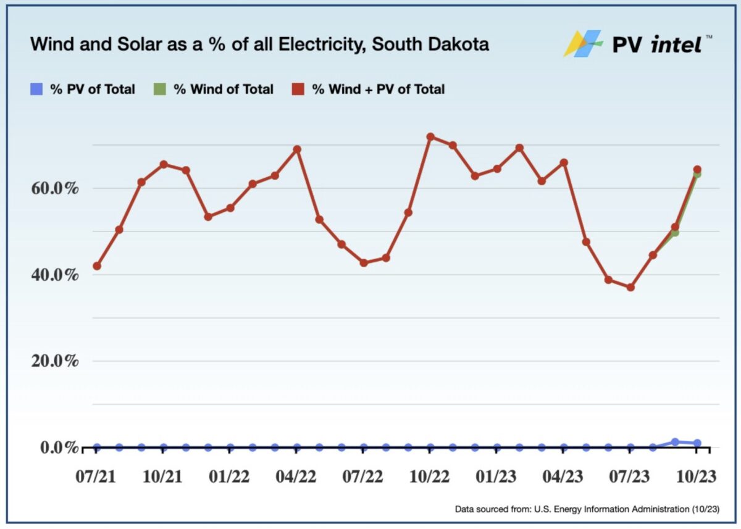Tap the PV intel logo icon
582,44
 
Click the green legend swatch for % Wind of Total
160,90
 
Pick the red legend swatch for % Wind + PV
298,90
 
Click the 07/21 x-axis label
96,478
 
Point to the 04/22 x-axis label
296,478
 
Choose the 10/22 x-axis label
430,478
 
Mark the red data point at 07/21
97,266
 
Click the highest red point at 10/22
430,136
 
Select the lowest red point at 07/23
630,288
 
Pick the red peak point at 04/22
297,149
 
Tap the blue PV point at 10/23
697,443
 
